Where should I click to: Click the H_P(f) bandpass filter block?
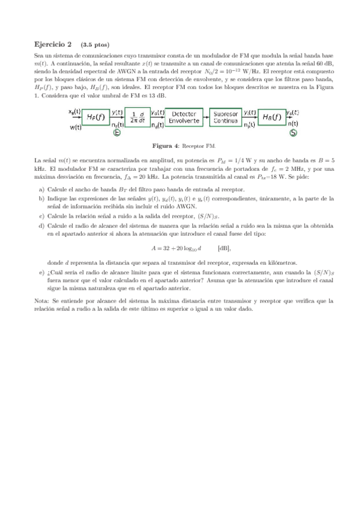(x=94, y=117)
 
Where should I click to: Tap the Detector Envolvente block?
(x=184, y=117)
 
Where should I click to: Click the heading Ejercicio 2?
(x=52, y=45)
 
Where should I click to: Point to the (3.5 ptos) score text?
(x=95, y=45)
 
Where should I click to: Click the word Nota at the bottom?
(x=41, y=300)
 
